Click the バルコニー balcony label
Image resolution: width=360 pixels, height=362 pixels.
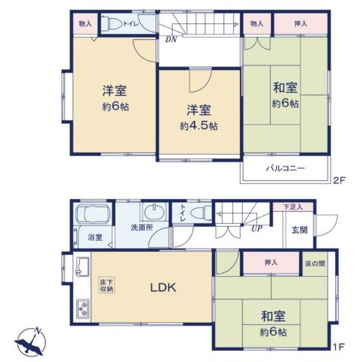285,167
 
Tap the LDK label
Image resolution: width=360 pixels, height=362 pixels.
163,288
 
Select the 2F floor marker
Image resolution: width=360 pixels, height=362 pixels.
339,181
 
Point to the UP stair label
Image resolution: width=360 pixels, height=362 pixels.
257,229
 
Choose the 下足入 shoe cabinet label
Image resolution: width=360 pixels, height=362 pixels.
293,207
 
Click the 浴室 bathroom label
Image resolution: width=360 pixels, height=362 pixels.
94,238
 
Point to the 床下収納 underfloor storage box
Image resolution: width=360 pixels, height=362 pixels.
106,284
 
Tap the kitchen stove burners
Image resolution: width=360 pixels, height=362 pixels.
82,308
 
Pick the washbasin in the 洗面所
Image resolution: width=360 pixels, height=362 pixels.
154,210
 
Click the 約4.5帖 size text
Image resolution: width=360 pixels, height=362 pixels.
198,126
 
